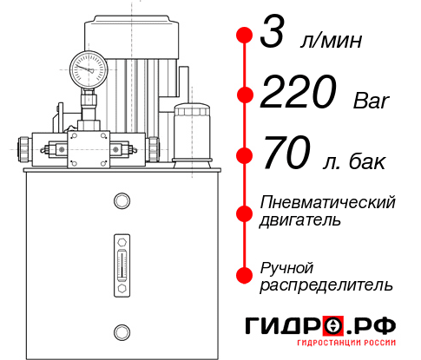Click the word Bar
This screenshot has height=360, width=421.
click(x=372, y=101)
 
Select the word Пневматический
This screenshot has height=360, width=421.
click(x=328, y=202)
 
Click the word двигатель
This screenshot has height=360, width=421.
click(x=300, y=220)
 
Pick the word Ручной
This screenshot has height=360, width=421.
click(x=286, y=267)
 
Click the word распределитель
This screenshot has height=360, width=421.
click(x=326, y=285)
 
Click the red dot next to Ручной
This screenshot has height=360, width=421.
click(x=245, y=275)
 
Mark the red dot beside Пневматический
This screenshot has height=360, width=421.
click(x=245, y=211)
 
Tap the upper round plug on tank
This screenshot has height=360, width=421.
click(x=121, y=202)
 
